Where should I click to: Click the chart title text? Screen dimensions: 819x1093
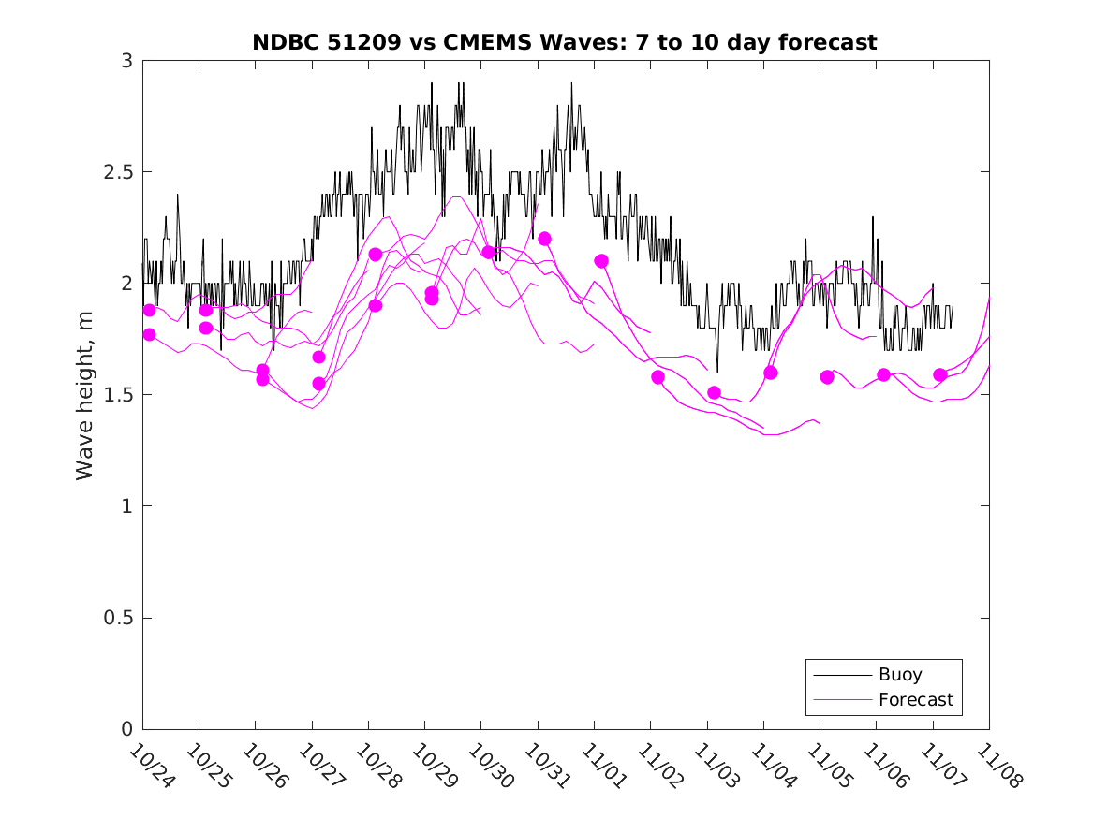564,42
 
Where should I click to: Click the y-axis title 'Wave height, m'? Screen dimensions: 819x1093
85,394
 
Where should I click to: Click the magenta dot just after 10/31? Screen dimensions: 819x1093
545,239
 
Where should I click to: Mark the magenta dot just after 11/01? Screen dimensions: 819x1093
601,261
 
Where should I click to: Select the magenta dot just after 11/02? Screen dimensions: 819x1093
657,377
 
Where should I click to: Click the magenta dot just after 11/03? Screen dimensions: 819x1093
715,392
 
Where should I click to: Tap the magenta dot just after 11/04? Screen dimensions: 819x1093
771,373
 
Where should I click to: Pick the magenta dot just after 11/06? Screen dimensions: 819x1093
883,374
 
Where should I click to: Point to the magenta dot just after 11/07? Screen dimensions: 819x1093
940,374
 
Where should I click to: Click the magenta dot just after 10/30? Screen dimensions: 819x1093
488,252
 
